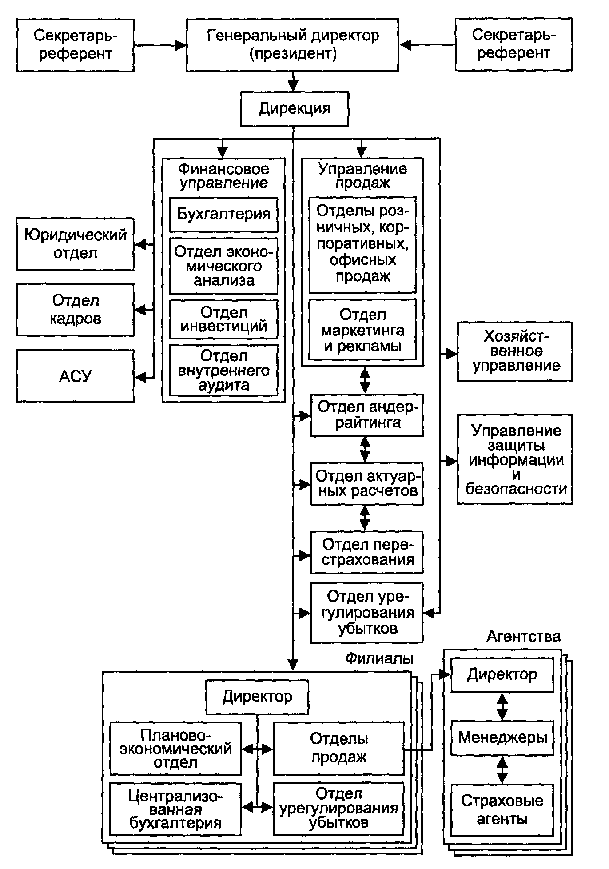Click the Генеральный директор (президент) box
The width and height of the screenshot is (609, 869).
292,45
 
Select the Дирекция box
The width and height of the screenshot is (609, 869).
295,109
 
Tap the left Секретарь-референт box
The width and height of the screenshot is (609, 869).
75,45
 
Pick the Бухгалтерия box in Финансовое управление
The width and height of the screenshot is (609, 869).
223,214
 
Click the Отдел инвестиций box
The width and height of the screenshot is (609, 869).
223,319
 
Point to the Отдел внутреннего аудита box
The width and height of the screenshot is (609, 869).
223,370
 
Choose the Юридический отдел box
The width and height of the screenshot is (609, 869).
75,244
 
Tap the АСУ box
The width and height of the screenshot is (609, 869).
75,376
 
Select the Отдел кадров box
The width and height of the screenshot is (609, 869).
75,310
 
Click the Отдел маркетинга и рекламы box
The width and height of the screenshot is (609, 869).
362,330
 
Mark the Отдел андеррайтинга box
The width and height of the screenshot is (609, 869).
366,415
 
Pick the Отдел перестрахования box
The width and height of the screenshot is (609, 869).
366,552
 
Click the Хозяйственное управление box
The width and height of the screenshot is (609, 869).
515,351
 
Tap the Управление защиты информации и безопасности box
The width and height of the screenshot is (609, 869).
515,459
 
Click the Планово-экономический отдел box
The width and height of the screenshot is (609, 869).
175,749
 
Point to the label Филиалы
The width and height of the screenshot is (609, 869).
379,658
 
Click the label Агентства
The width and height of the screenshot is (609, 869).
523,637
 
